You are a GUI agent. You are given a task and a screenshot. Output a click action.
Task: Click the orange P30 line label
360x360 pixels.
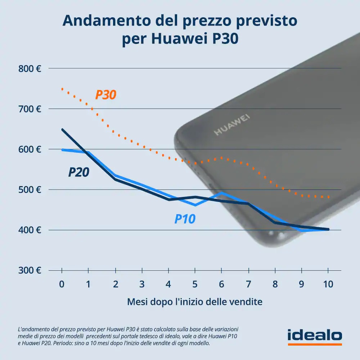point(106,95)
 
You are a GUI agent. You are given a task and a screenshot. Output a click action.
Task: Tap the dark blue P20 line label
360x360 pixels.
point(79,172)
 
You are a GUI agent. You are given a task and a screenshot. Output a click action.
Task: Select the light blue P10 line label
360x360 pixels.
point(185,219)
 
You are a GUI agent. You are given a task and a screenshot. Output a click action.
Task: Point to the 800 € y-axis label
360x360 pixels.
point(30,68)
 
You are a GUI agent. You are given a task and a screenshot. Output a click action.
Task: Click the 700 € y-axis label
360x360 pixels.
point(30,109)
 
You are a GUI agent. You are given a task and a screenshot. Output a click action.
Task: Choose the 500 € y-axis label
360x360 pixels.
point(30,190)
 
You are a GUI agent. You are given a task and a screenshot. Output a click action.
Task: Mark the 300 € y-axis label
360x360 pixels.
point(30,270)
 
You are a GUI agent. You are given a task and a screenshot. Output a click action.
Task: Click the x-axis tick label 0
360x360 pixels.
point(62,284)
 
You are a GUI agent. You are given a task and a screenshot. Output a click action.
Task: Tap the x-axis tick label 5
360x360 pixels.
point(195,284)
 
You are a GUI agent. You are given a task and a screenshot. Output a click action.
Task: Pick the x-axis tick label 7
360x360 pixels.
point(248,284)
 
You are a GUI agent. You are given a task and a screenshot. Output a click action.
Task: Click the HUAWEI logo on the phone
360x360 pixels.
point(232,125)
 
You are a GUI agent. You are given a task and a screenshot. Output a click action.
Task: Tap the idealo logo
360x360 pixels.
point(315,336)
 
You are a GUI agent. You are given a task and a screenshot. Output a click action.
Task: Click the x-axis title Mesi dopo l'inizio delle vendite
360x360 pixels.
point(195,302)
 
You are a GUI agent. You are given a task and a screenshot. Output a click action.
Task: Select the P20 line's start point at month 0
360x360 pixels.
point(62,129)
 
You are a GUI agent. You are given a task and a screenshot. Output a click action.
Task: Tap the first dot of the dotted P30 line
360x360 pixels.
point(62,89)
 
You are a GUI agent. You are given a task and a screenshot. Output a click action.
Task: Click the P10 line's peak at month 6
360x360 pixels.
point(222,193)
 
